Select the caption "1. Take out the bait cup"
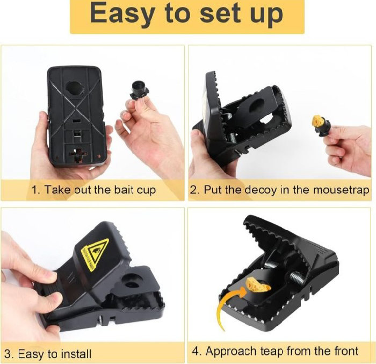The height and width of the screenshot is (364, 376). pos(94,190)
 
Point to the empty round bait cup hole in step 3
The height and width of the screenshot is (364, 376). pos(132,281)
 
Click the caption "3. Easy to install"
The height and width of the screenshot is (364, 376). pos(48,354)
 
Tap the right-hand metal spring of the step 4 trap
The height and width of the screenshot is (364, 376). pos(297,278)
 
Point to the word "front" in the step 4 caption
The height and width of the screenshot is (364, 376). pos(345,351)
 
